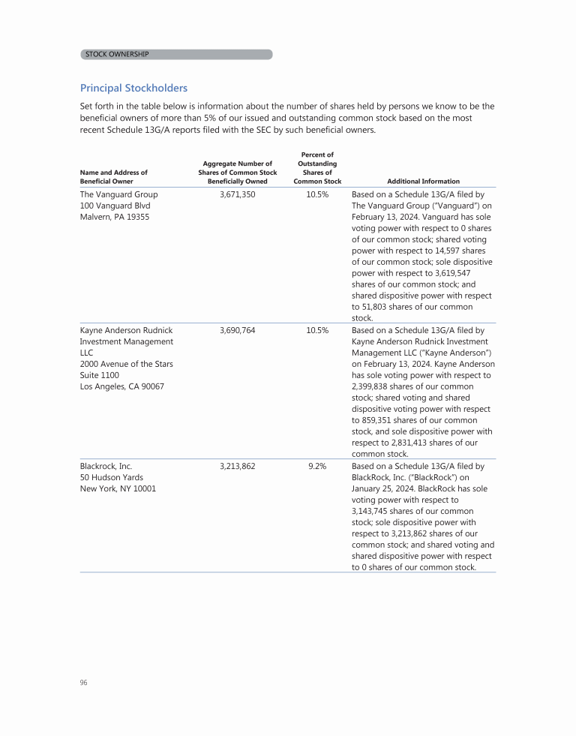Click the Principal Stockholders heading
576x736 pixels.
tap(133, 89)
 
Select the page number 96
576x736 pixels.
tap(84, 683)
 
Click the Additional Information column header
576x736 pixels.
tap(423, 181)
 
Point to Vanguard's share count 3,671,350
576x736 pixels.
tap(238, 194)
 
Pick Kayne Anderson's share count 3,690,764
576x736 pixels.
tap(238, 330)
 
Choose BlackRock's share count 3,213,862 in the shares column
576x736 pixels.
tap(238, 466)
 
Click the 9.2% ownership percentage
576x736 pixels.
tap(317, 466)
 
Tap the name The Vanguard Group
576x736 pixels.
tap(118, 194)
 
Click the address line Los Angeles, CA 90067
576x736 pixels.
tap(122, 386)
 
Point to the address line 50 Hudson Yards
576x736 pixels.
tap(112, 477)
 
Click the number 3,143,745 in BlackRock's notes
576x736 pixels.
tap(373, 511)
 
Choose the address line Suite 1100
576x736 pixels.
tap(100, 375)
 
